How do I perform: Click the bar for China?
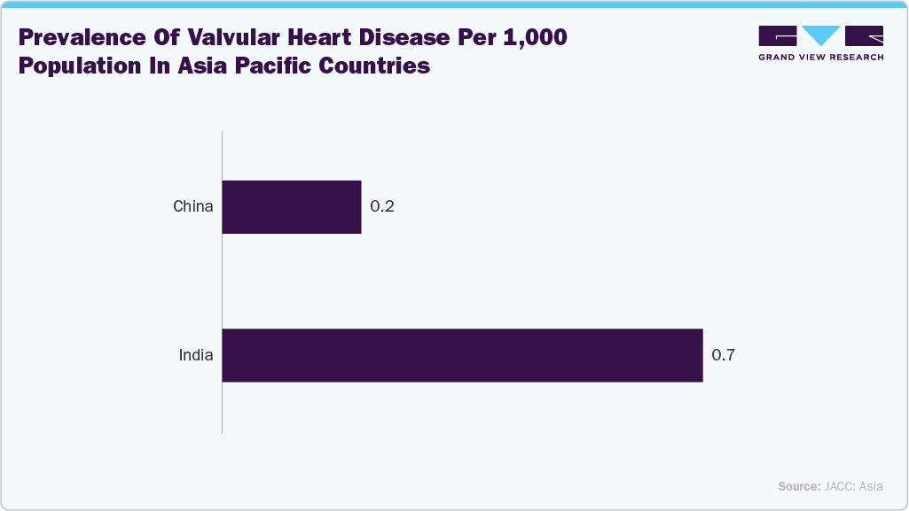pos(291,207)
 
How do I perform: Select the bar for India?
pos(461,355)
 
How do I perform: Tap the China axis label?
pos(193,207)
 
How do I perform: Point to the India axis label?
pos(196,355)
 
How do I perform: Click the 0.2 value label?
pos(382,207)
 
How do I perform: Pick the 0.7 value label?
pos(724,355)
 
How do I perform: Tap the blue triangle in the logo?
pos(821,35)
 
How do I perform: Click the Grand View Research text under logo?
pos(820,58)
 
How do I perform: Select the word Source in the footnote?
pos(799,486)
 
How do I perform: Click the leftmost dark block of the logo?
pos(778,35)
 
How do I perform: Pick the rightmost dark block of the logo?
pos(864,35)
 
